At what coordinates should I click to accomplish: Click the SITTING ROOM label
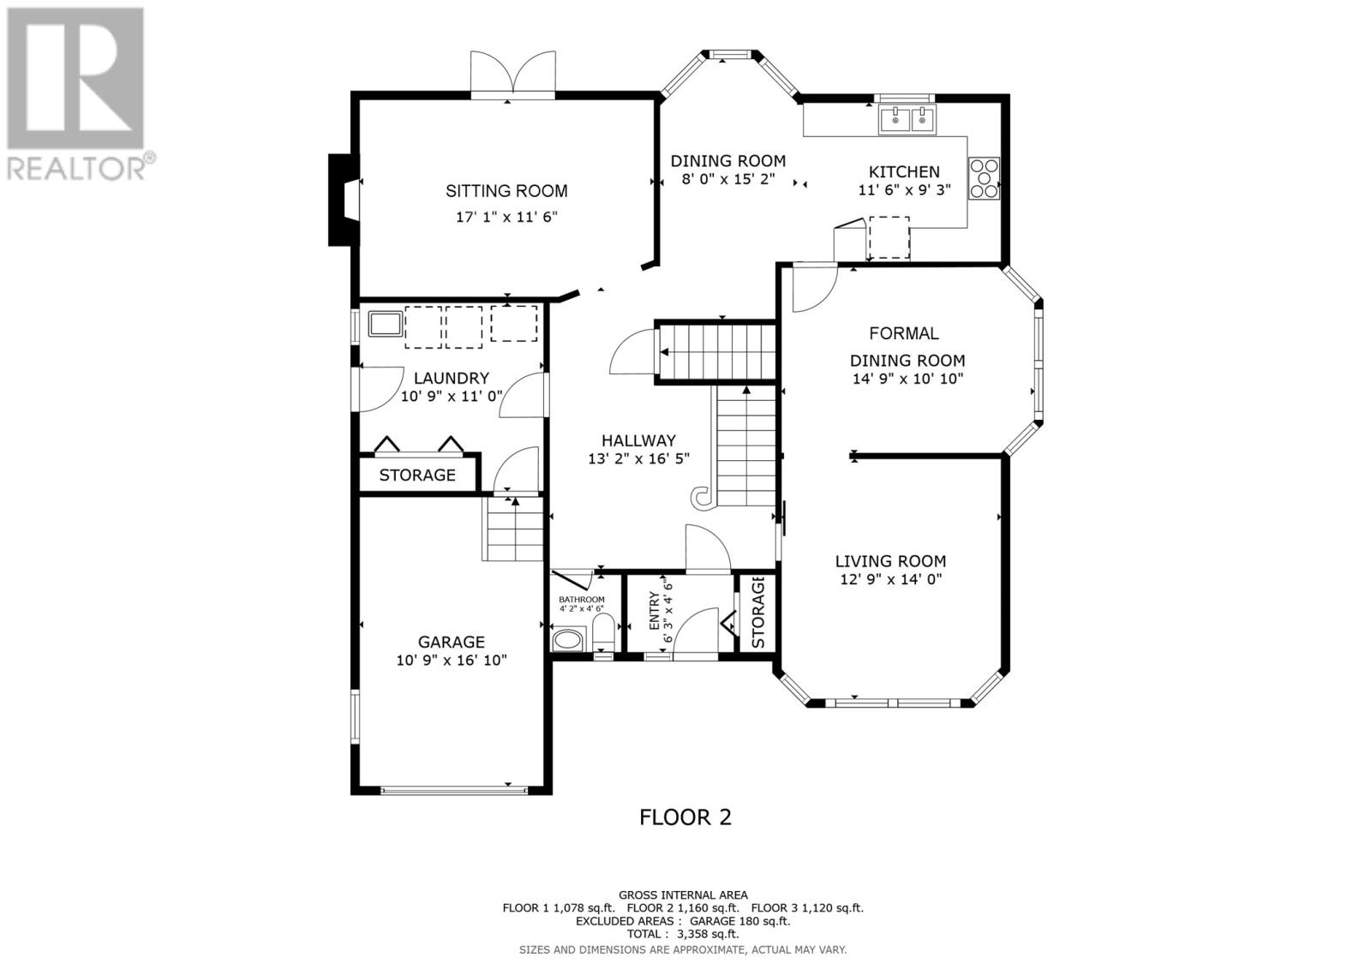tap(506, 191)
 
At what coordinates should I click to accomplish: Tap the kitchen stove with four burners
tap(984, 178)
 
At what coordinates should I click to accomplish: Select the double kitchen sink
tap(907, 119)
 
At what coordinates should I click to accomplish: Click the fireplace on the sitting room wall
tap(344, 200)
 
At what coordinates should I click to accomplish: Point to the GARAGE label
tap(451, 642)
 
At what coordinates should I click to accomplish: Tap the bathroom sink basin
tap(568, 641)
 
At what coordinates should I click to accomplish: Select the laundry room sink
tap(385, 323)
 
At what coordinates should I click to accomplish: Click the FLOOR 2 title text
tap(685, 817)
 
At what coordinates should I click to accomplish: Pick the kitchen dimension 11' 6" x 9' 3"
tap(904, 189)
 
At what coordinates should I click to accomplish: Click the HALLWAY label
tap(638, 440)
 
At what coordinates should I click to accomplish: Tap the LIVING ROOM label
tap(890, 560)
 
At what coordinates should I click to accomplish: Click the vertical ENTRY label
tap(655, 611)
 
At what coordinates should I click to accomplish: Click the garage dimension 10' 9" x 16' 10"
tap(452, 660)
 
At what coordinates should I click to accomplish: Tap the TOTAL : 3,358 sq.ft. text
tap(682, 934)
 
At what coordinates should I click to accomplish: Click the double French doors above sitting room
tap(513, 75)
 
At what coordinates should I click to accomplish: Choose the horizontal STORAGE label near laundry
tap(417, 475)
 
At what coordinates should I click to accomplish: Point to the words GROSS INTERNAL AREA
tap(683, 895)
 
